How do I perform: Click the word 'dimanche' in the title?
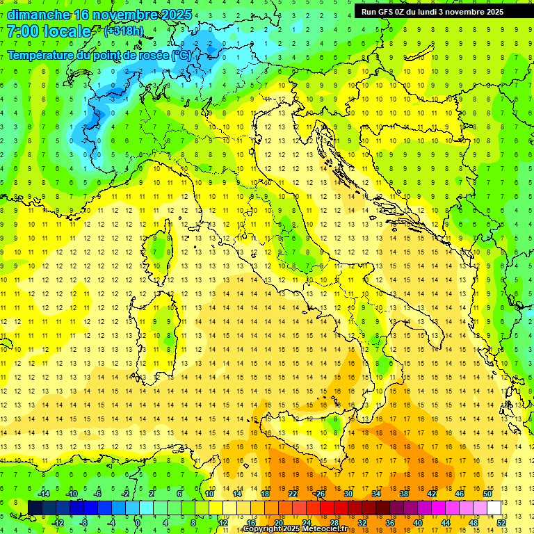pyautogui.click(x=38, y=15)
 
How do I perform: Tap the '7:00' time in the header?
pyautogui.click(x=23, y=31)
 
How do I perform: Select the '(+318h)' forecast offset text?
pyautogui.click(x=124, y=31)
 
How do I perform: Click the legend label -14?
pyautogui.click(x=42, y=494)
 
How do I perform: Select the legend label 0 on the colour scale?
pyautogui.click(x=138, y=523)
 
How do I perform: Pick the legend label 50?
pyautogui.click(x=487, y=494)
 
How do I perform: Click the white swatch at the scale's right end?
pyautogui.click(x=494, y=508)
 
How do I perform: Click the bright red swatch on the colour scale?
pyautogui.click(x=327, y=508)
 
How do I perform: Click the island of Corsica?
pyautogui.click(x=161, y=247)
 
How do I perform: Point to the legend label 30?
pyautogui.click(x=348, y=494)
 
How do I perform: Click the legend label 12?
pyautogui.click(x=222, y=523)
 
